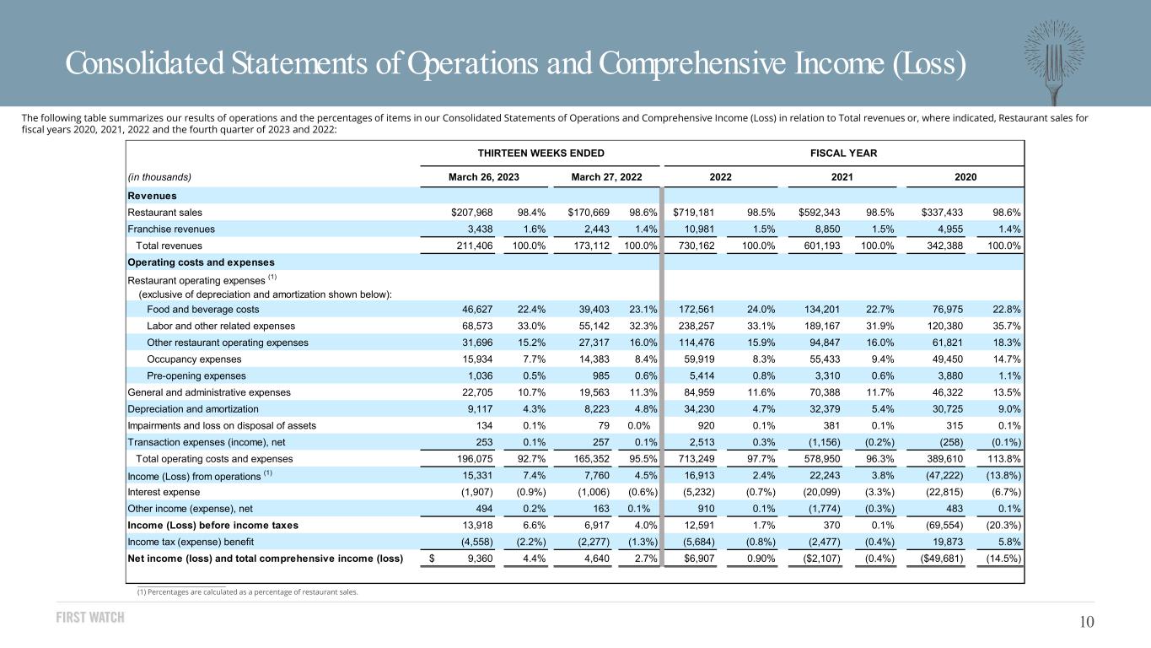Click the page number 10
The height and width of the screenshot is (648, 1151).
pos(1086,623)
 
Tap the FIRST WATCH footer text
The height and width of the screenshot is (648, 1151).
pos(90,617)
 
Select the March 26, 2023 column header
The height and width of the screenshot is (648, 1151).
pos(483,177)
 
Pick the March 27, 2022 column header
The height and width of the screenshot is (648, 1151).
pos(606,177)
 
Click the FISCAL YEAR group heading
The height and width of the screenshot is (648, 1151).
pos(843,154)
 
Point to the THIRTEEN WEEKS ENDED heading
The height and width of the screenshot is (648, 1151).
pos(541,154)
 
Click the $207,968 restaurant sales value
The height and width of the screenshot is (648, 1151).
pos(471,213)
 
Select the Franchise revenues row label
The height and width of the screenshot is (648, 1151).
pos(171,229)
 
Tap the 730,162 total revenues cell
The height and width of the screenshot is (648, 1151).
pos(697,246)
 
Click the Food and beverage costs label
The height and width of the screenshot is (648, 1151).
pos(202,310)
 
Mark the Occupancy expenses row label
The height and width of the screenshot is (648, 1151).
pos(194,359)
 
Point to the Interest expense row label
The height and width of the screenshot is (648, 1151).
pos(164,492)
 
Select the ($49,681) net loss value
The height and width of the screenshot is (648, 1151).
pos(942,559)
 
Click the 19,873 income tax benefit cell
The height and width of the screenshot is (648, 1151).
pos(949,542)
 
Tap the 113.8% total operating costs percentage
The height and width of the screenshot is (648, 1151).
pos(1004,459)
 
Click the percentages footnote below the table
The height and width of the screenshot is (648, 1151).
pos(247,592)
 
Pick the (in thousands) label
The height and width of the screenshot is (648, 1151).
pos(159,177)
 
